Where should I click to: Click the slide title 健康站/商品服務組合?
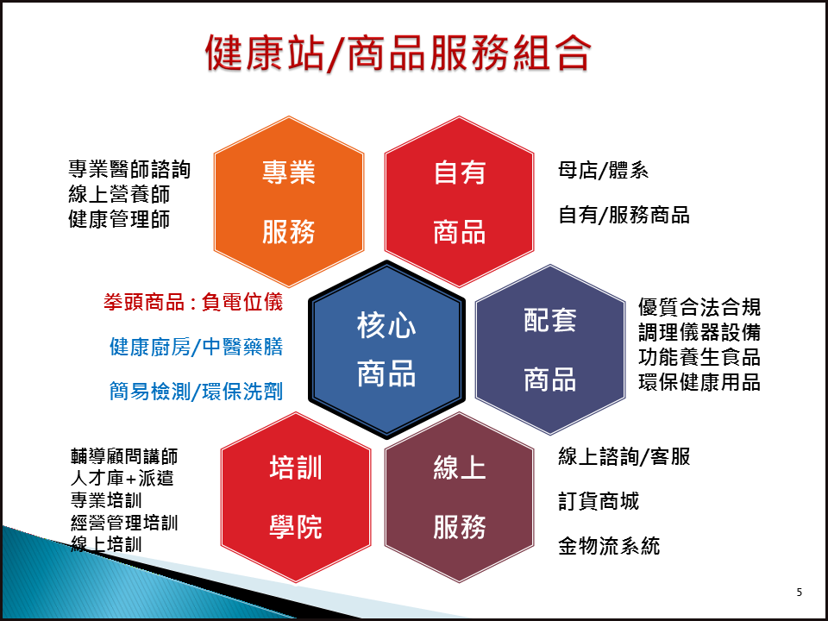pyautogui.click(x=398, y=53)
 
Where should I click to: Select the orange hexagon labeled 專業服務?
pyautogui.click(x=289, y=202)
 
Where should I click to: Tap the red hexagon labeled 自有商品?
pyautogui.click(x=460, y=202)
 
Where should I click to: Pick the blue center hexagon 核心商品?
pyautogui.click(x=386, y=349)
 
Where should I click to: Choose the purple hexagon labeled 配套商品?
pyautogui.click(x=550, y=349)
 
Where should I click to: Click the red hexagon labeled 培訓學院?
pyautogui.click(x=296, y=498)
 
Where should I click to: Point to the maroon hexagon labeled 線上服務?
pyautogui.click(x=460, y=498)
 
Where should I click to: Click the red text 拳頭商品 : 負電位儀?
pyautogui.click(x=193, y=302)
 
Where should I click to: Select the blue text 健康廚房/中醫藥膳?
pyautogui.click(x=197, y=347)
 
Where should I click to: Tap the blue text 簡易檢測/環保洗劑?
pyautogui.click(x=197, y=392)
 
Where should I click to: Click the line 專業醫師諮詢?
pyautogui.click(x=129, y=170)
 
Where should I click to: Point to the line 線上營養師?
pyautogui.click(x=119, y=194)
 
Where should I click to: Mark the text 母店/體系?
pyautogui.click(x=603, y=171)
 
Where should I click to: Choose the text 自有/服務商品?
pyautogui.click(x=624, y=215)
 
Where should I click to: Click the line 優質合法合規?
pyautogui.click(x=699, y=307)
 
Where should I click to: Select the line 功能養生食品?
pyautogui.click(x=699, y=357)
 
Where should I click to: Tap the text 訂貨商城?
pyautogui.click(x=599, y=501)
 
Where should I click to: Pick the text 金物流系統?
pyautogui.click(x=609, y=546)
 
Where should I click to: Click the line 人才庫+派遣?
pyautogui.click(x=122, y=478)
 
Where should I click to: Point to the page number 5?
pyautogui.click(x=799, y=592)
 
